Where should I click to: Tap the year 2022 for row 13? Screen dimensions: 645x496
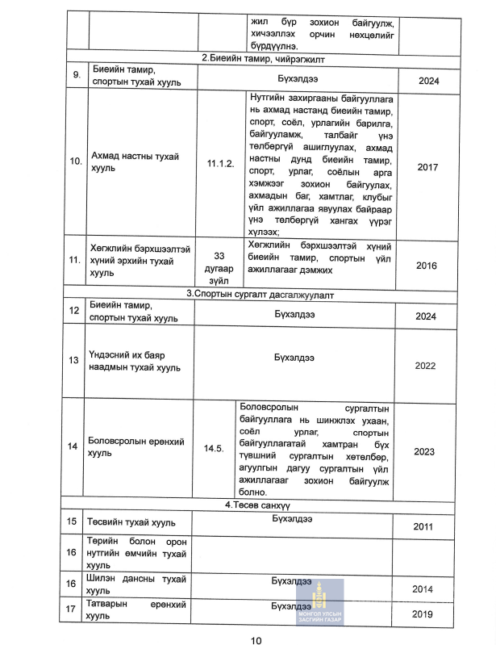point(424,366)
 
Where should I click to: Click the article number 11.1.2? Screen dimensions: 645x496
point(219,163)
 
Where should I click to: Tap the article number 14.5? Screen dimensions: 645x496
point(214,447)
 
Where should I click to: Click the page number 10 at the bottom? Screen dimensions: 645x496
point(256,640)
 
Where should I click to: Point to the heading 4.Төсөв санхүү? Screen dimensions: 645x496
point(256,505)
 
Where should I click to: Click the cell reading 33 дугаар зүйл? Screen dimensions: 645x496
point(219,264)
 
